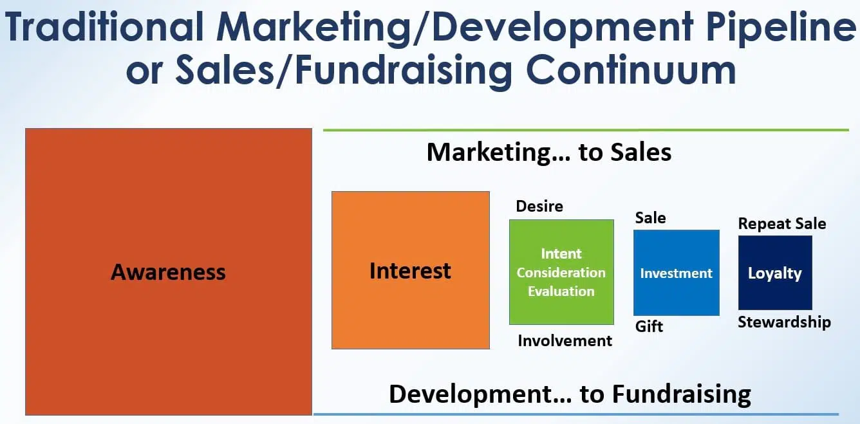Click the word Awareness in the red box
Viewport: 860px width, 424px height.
click(x=168, y=272)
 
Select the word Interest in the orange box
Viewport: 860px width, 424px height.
click(x=410, y=270)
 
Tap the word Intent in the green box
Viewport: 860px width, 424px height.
click(x=561, y=253)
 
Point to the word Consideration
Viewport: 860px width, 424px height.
click(x=561, y=272)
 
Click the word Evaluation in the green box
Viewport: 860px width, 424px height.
click(x=561, y=291)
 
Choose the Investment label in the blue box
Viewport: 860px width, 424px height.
click(x=676, y=273)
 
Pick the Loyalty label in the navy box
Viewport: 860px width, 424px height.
click(x=774, y=273)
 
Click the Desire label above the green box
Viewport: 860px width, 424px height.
click(x=539, y=206)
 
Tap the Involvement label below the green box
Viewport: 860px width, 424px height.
click(x=565, y=340)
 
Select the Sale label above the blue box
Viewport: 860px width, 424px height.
click(x=650, y=217)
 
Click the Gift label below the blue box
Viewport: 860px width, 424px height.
click(x=649, y=326)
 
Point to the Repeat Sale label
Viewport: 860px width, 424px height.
click(x=782, y=224)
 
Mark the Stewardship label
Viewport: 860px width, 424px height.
click(x=784, y=322)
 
